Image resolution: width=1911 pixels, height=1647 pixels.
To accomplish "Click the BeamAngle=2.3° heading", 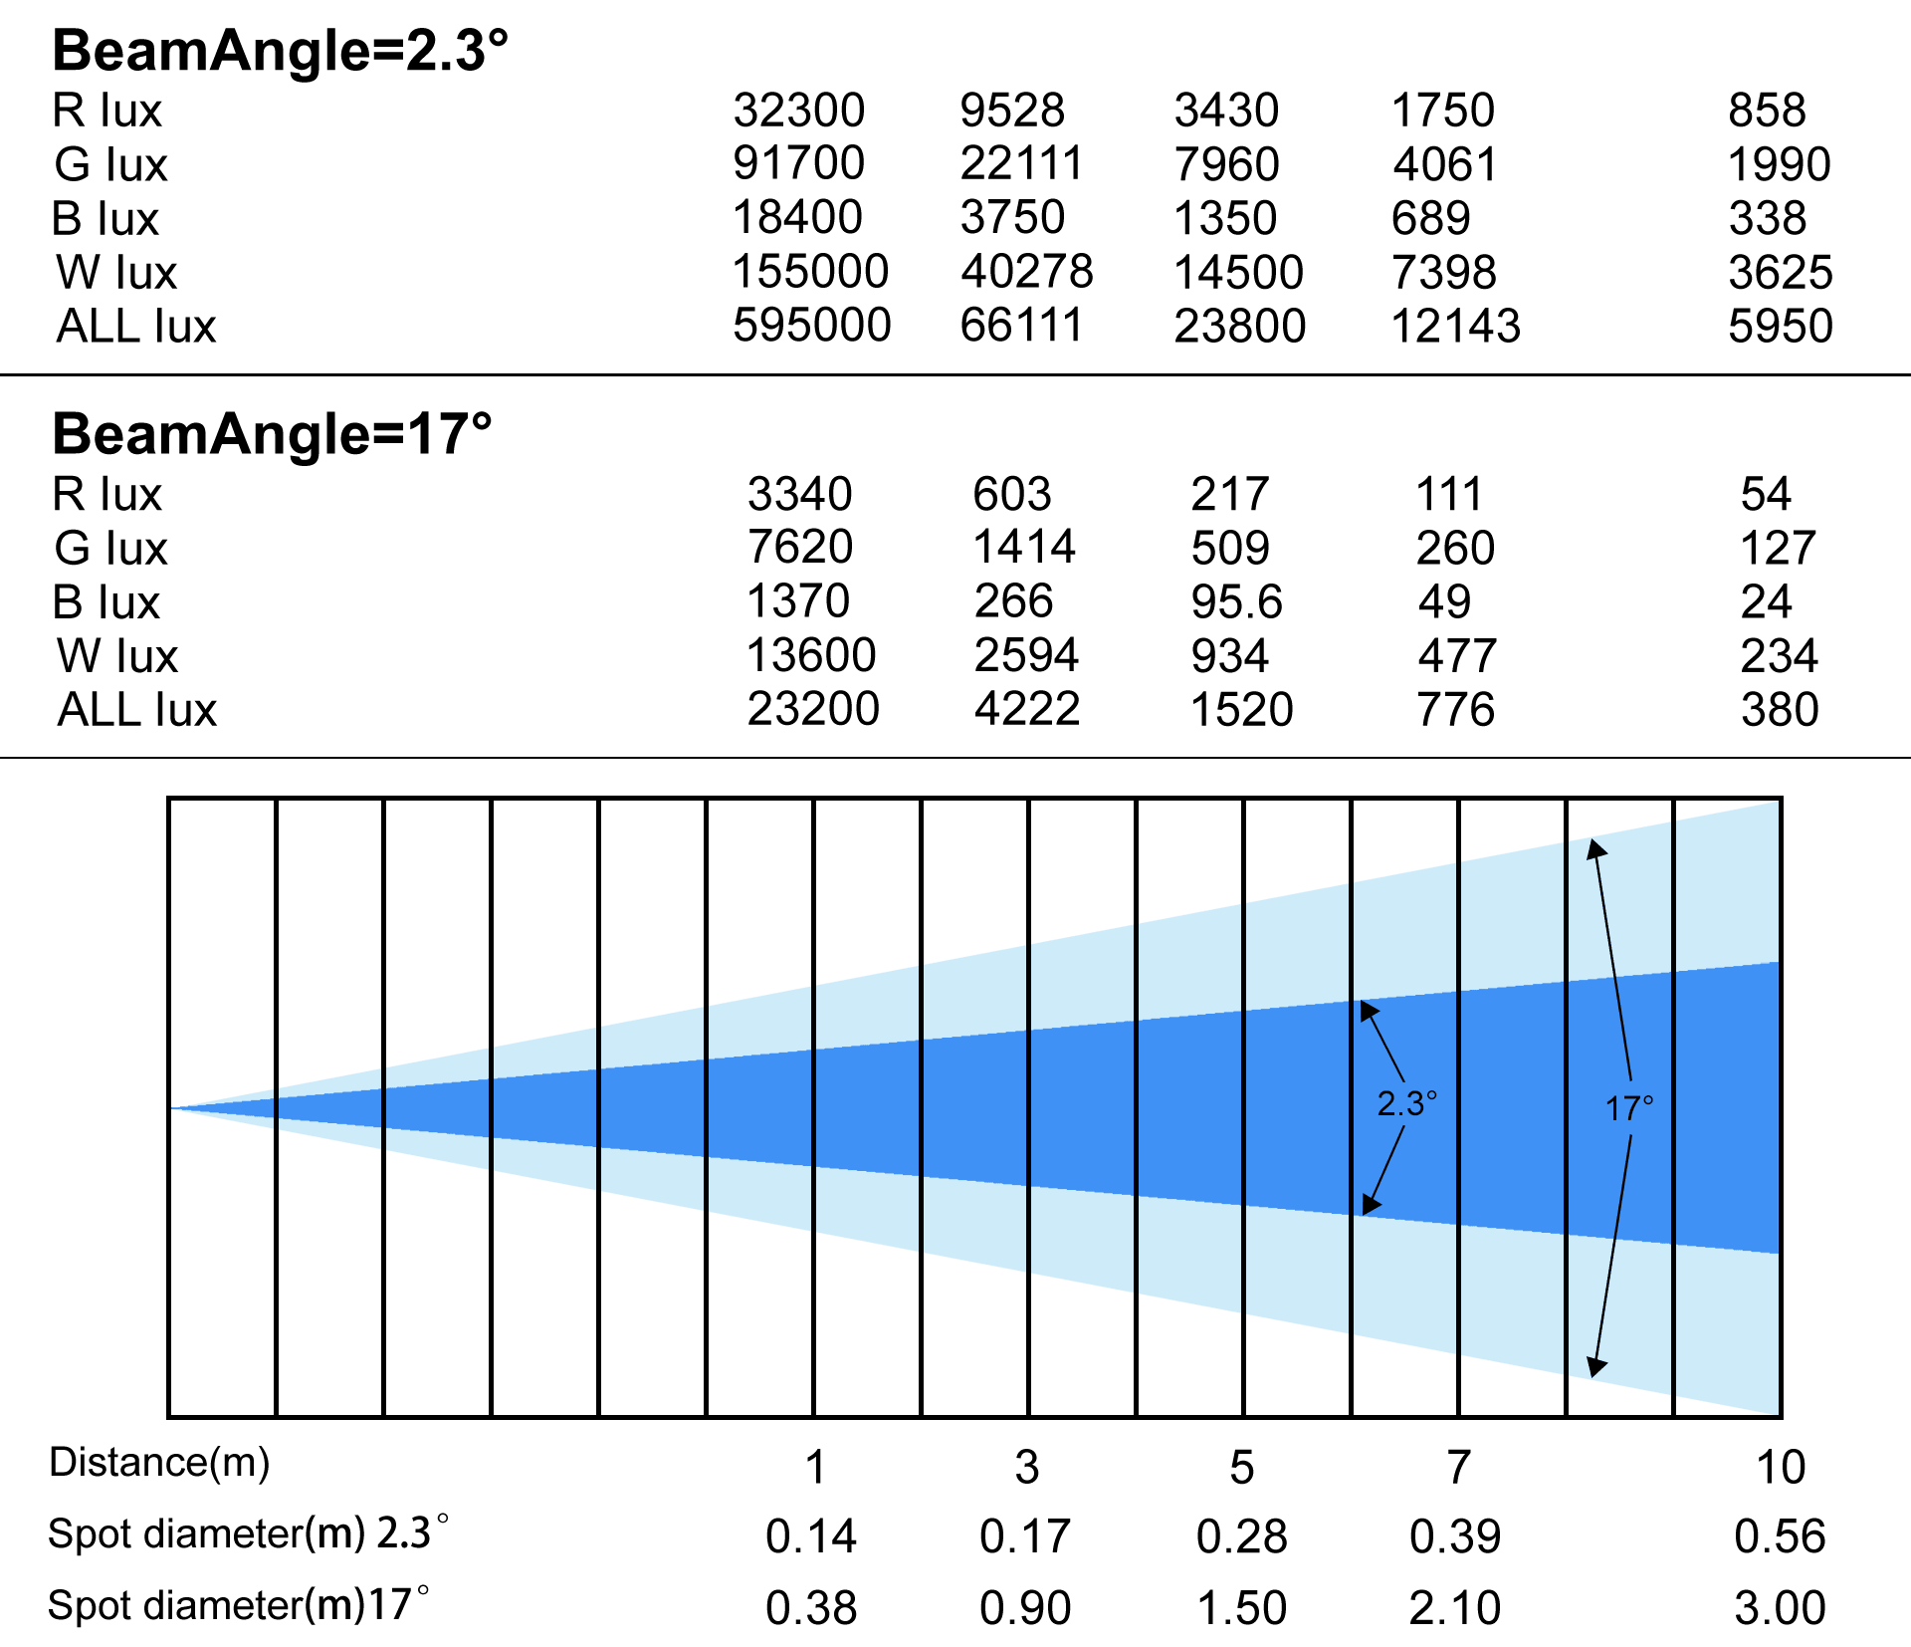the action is [280, 51].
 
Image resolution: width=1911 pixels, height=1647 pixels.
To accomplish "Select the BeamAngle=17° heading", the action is [272, 434].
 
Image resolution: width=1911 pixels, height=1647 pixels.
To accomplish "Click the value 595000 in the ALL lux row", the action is [812, 326].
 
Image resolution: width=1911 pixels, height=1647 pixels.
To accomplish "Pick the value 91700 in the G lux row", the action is [799, 163].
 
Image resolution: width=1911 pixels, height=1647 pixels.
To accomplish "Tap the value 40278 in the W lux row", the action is [1027, 272].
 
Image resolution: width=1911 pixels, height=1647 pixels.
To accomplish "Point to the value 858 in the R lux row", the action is [1767, 110].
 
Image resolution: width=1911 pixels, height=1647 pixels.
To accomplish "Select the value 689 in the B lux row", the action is [1431, 217].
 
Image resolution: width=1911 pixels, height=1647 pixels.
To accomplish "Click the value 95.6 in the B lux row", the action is [1237, 601].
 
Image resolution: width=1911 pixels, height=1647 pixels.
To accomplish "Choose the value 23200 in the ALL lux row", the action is [813, 709].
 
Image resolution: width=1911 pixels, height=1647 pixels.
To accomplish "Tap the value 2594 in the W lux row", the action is [1027, 655].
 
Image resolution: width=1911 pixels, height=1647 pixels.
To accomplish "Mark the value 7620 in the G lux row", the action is [800, 547].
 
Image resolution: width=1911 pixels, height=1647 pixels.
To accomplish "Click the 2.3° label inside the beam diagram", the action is [1406, 1103].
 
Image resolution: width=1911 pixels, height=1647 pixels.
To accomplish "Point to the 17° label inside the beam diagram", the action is [1629, 1108].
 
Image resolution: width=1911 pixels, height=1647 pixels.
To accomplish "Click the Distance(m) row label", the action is [159, 1463].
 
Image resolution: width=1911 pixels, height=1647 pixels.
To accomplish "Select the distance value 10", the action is [1780, 1468].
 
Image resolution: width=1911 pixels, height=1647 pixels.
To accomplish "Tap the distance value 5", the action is [1242, 1468].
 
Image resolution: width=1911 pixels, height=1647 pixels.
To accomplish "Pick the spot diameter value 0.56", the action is [1780, 1536].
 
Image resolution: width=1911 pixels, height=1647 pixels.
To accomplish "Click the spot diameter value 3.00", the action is [1780, 1608].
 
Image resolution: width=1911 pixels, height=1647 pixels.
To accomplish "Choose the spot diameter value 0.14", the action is [811, 1536].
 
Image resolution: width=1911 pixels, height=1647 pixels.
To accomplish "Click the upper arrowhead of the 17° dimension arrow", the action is [1596, 847].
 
